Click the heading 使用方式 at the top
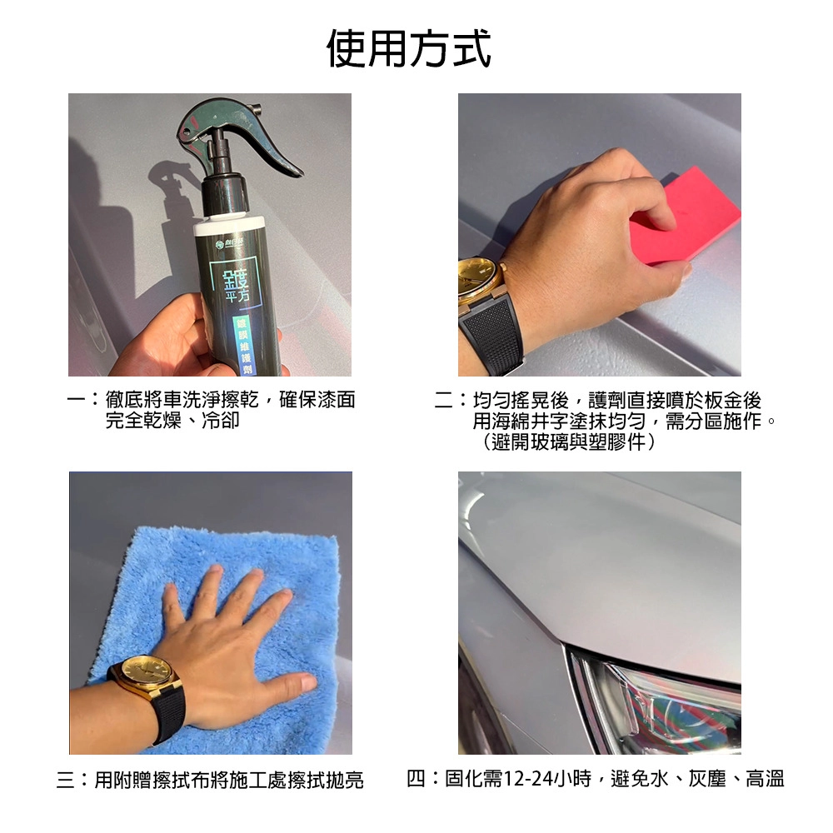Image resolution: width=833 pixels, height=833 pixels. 408,49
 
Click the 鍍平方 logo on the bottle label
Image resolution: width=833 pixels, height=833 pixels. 237,282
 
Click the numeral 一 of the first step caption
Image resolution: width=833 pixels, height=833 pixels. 77,400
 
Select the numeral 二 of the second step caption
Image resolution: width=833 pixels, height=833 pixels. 444,401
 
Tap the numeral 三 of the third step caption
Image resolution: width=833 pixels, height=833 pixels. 66,780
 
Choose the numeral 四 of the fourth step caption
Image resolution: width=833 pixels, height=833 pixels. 416,779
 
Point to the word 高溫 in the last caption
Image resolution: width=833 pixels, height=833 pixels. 766,779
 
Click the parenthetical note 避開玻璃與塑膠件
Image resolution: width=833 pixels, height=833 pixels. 568,441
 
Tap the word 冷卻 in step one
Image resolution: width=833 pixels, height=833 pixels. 221,420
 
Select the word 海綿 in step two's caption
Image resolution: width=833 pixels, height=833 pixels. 511,421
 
